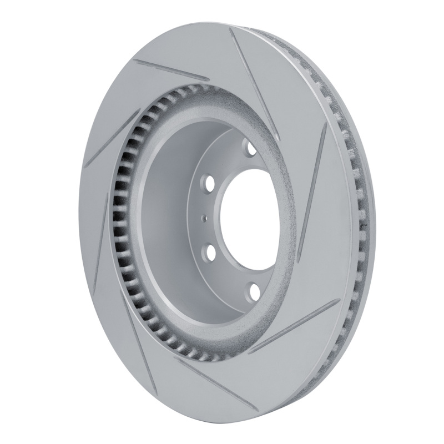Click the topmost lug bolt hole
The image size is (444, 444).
pos(249,148)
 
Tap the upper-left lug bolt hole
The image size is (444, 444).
pos(209,183)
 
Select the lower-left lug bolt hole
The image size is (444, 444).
pos(210,253)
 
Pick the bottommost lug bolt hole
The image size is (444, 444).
pos(253,291)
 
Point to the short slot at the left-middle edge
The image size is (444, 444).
pos(100,244)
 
